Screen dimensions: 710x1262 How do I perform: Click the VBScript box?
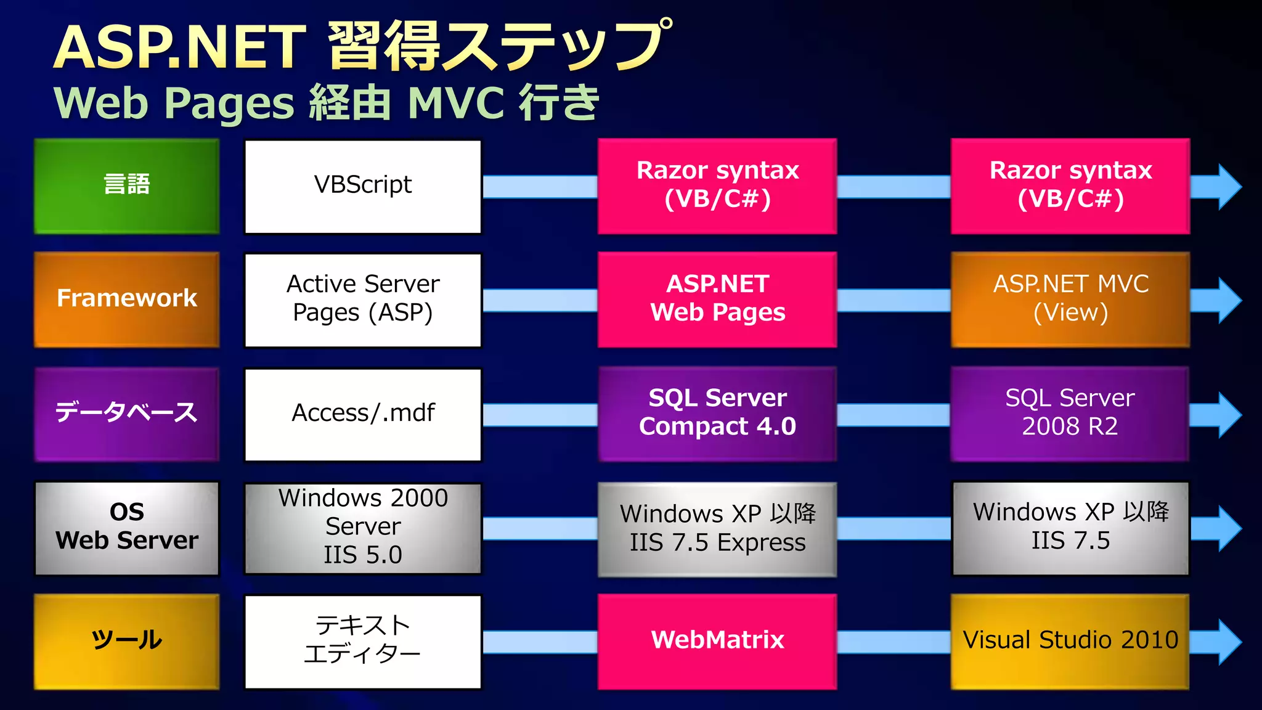(362, 186)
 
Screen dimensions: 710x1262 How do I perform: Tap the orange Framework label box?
(126, 300)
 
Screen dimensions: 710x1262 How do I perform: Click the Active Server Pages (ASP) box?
(362, 300)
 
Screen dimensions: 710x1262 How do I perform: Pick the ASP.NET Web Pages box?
(717, 300)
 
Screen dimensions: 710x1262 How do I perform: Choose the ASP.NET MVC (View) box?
(1070, 300)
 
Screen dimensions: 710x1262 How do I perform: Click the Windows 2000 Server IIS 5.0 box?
(362, 528)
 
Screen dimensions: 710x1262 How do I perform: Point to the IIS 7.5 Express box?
(717, 529)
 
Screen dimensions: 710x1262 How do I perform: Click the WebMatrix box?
(717, 642)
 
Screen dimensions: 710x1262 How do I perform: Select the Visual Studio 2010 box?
(1070, 642)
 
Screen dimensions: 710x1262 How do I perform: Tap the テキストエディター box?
(362, 642)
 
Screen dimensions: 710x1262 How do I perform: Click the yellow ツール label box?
(126, 642)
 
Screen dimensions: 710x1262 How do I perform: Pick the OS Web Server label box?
(126, 528)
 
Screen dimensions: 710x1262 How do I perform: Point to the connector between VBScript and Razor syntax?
(539, 186)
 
